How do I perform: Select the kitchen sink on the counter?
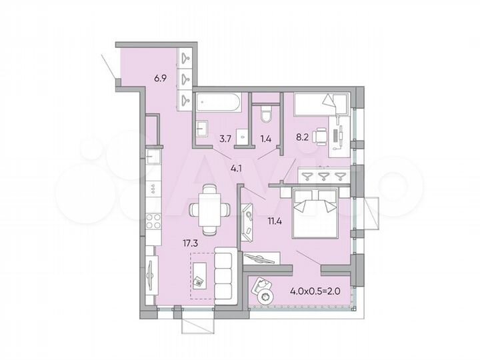pyautogui.click(x=153, y=159)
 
